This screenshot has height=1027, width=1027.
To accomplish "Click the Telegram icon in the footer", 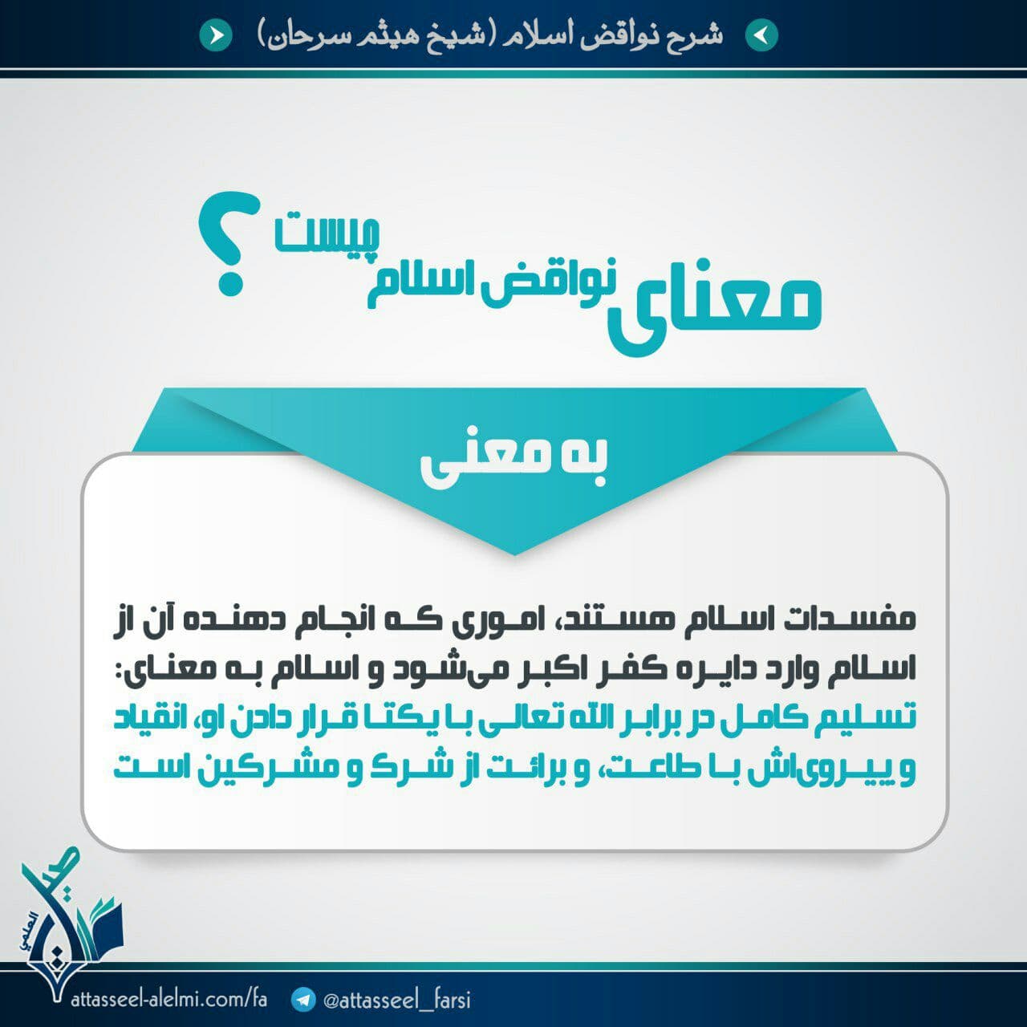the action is click(x=304, y=999).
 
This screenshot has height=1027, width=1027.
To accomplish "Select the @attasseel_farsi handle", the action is click(x=397, y=1000).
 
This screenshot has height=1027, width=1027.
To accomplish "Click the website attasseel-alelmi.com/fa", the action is click(x=168, y=998).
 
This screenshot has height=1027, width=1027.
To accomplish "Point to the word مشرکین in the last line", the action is click(x=274, y=770).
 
